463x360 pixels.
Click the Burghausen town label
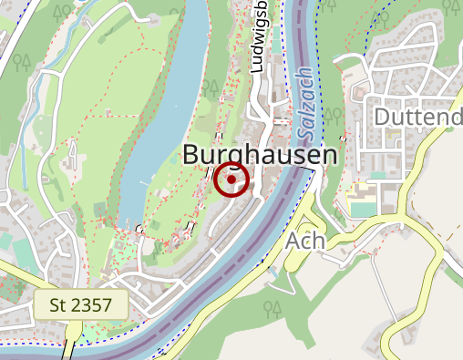260,155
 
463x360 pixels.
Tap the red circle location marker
232,180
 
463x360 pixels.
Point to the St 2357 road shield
80,304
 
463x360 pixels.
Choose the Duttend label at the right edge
418,118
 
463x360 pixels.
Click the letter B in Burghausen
192,155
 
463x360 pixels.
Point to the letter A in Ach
293,241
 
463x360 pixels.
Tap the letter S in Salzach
302,120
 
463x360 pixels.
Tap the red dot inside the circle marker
232,180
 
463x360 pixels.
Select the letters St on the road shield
58,304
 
